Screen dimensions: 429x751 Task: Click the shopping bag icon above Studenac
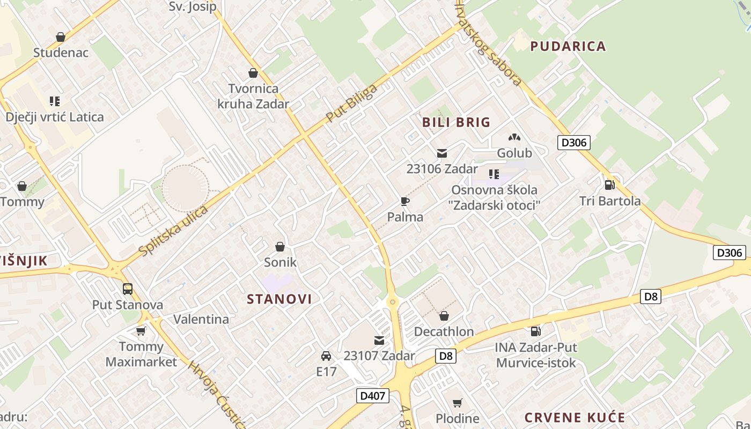pos(61,38)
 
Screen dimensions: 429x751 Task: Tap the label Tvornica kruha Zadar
pos(253,96)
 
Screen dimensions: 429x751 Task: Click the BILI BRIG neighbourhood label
pos(456,122)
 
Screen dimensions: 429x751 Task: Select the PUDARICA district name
pos(568,46)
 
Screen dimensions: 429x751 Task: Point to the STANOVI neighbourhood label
pos(279,299)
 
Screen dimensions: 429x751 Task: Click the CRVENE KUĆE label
pos(575,418)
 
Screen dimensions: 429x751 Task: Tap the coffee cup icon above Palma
pos(405,202)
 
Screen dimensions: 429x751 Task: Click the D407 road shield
pos(372,396)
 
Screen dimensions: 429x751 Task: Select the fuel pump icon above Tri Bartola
pos(609,185)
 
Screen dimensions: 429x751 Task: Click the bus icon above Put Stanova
pos(128,289)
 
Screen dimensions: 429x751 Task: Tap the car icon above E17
pos(326,356)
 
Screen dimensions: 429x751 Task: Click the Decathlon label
pos(444,331)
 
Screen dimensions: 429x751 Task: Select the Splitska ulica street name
pos(173,231)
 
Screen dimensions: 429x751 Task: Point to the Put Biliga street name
pos(351,102)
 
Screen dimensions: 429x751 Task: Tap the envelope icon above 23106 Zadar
pos(441,153)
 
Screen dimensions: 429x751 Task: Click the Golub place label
pos(514,153)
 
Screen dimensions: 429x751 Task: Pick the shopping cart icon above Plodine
pos(457,403)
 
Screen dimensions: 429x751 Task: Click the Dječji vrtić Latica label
pos(55,117)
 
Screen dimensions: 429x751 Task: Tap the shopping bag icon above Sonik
pos(280,247)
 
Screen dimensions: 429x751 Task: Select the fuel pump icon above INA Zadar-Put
pos(535,331)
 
